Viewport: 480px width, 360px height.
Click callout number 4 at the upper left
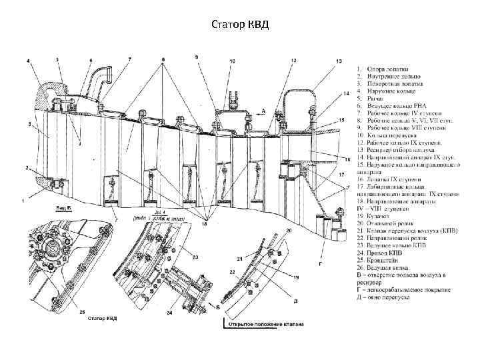[29, 61]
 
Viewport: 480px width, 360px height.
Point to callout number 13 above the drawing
[339, 61]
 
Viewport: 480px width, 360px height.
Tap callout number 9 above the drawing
[196, 57]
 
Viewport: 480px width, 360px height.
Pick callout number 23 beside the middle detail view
[195, 257]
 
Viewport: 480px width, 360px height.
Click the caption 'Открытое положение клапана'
[265, 325]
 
